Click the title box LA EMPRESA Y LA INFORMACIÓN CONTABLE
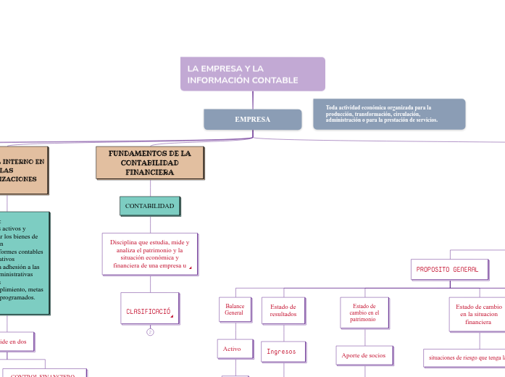point(252,74)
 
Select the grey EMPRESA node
point(252,119)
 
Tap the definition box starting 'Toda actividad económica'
point(389,114)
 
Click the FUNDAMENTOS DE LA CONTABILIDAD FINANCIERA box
point(150,163)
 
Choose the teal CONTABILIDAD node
point(149,206)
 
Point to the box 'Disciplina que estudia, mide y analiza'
point(150,254)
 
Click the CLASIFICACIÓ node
point(149,312)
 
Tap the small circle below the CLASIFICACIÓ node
point(150,332)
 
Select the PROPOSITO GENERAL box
point(449,269)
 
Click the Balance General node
point(234,310)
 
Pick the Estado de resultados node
point(283,310)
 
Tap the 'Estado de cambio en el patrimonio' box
point(364,312)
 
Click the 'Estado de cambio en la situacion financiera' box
point(477,315)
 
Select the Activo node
point(232,349)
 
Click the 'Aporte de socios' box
point(364,355)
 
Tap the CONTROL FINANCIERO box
point(43,374)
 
